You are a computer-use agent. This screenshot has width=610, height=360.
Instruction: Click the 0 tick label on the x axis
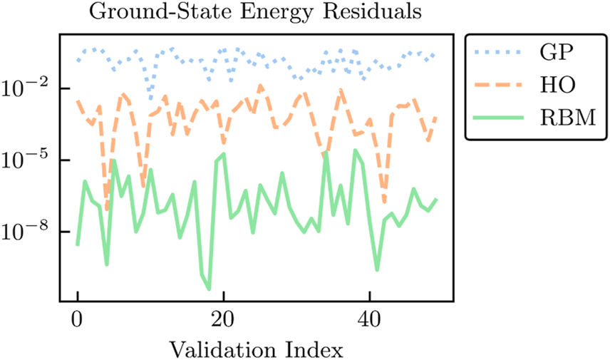78,319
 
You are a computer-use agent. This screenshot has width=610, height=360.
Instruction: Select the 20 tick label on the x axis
224,319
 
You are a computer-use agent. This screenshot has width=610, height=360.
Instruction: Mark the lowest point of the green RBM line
209,289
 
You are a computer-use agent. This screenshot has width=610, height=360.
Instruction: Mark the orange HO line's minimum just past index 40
384,203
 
